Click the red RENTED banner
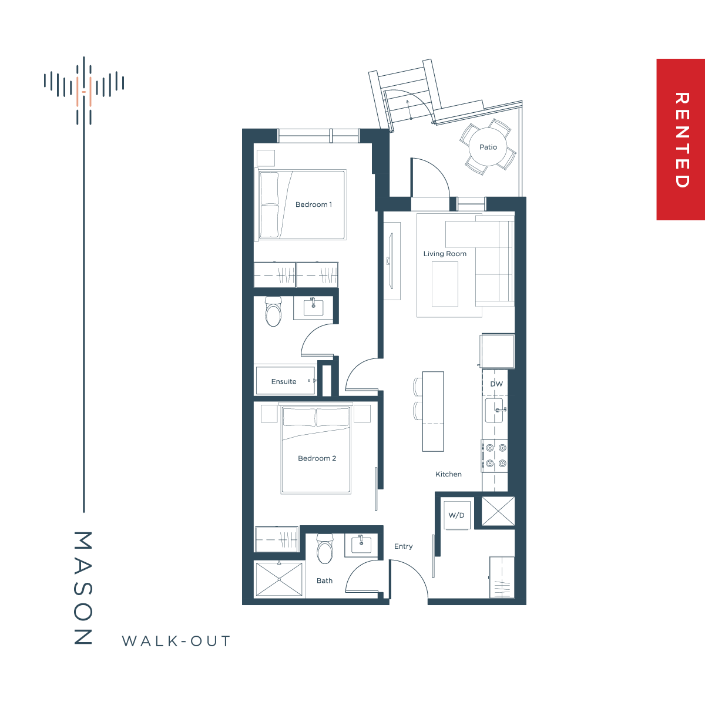(680, 139)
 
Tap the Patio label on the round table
(488, 147)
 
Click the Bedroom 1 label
(314, 204)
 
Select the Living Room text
(445, 254)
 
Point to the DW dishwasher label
(496, 384)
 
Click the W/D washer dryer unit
(457, 515)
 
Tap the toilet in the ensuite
(273, 311)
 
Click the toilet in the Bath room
(324, 549)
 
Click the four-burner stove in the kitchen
(495, 455)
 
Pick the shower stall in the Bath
(280, 579)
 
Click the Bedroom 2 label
(317, 458)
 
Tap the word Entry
(403, 546)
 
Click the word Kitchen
(448, 474)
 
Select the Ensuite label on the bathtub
(284, 382)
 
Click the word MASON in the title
(83, 588)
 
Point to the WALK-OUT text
(176, 641)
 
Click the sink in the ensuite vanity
(314, 307)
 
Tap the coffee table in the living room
(445, 284)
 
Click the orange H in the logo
(84, 92)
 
